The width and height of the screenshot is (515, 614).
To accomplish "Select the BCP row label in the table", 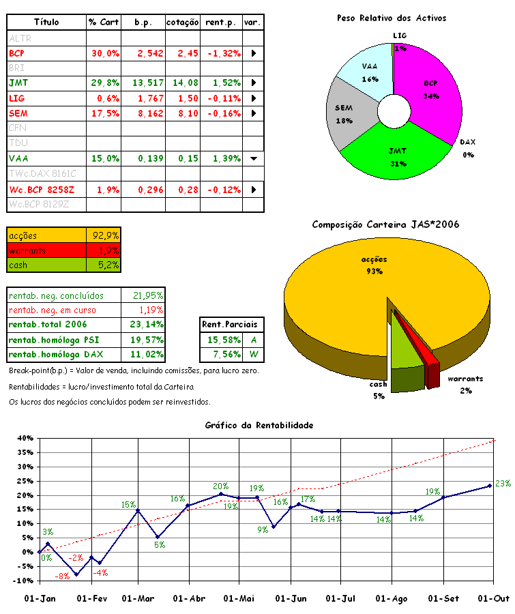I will point(18,53).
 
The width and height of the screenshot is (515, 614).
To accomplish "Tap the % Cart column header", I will point(104,23).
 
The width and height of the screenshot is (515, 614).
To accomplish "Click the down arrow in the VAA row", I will point(253,159).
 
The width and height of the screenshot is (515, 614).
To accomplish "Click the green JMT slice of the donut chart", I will point(396,153).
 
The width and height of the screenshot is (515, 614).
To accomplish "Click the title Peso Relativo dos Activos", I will point(392,18).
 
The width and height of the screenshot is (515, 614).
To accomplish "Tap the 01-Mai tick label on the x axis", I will point(239,599).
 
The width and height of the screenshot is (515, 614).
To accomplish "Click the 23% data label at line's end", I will point(503,484).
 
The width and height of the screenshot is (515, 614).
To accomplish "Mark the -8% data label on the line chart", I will point(63,576).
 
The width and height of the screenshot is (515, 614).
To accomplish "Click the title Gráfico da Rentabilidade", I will point(259,425).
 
